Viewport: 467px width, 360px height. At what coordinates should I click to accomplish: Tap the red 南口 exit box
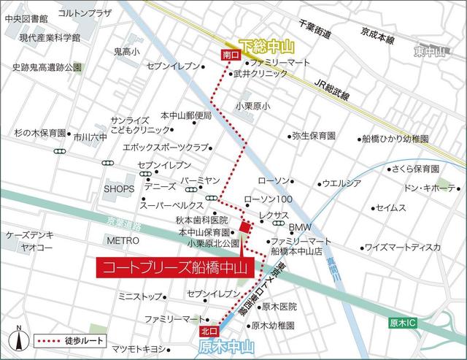click(x=228, y=55)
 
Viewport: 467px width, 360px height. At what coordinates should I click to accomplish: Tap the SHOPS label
click(x=118, y=188)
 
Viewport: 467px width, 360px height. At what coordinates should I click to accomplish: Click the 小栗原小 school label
click(x=252, y=107)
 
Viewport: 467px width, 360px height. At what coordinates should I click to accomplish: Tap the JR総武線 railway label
click(x=331, y=91)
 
